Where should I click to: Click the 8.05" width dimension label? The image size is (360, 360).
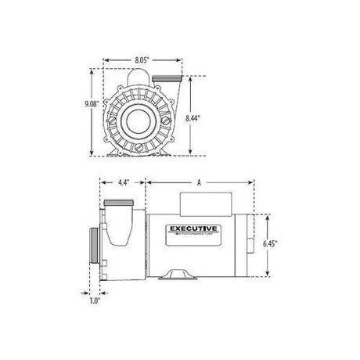[142, 59]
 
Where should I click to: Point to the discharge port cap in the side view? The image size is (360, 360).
[118, 208]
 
